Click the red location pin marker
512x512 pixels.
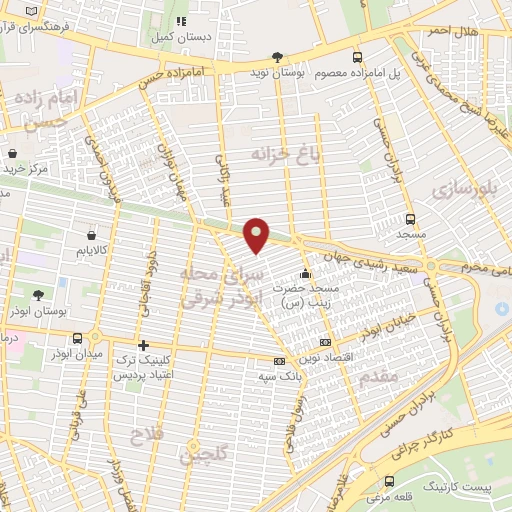click(257, 234)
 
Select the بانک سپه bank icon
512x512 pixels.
click(279, 362)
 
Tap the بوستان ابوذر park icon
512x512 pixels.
click(38, 295)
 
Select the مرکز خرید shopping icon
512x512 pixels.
click(12, 154)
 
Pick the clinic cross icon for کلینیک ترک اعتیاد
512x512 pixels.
click(143, 345)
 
